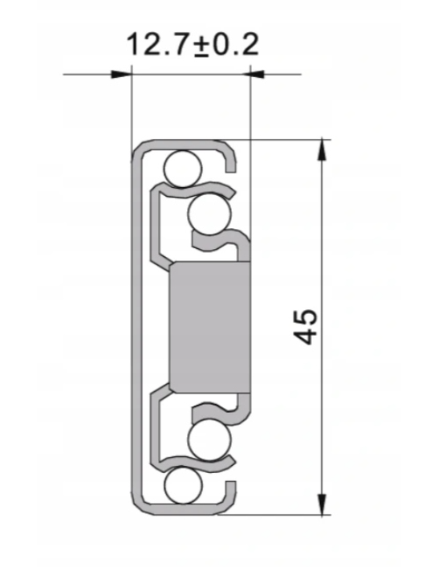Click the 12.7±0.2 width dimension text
point(193,44)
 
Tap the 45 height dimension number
point(306,326)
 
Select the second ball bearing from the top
point(209,214)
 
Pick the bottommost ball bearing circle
point(183,485)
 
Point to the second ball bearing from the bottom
point(209,440)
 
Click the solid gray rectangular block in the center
point(209,327)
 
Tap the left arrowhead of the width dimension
point(121,75)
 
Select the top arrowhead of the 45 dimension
point(322,149)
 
